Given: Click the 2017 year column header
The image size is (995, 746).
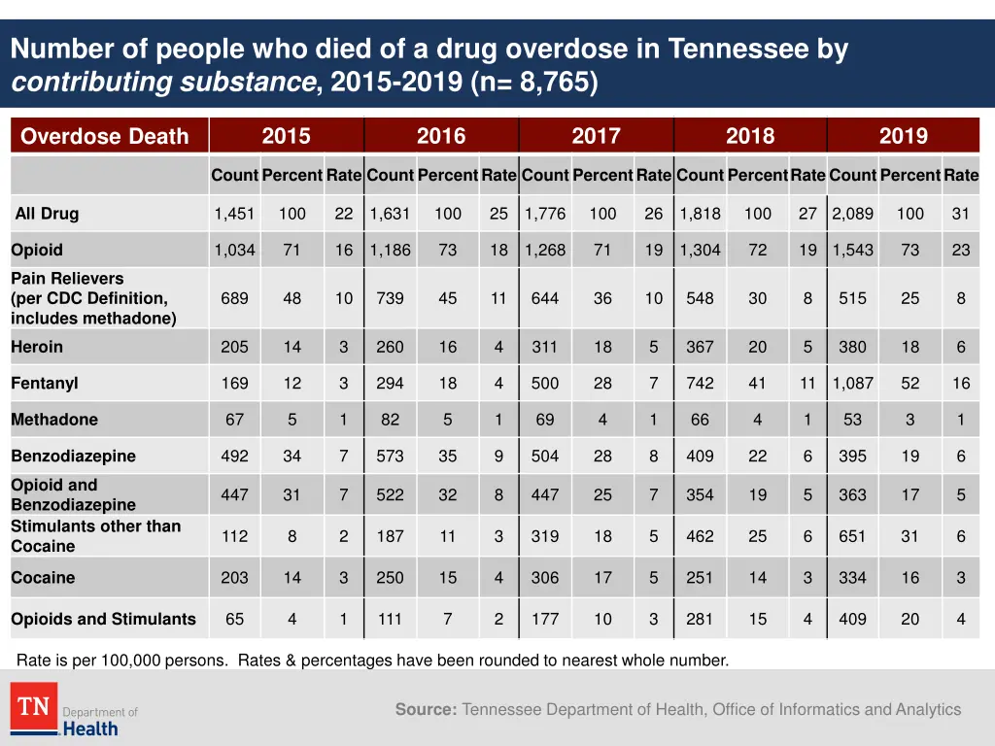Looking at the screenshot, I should [x=596, y=136].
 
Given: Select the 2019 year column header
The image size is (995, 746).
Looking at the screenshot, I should [x=903, y=136].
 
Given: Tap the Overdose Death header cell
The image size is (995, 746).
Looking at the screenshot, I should [x=105, y=136].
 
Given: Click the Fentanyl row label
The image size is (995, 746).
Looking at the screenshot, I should [x=45, y=384].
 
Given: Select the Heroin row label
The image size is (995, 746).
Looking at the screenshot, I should [x=37, y=347].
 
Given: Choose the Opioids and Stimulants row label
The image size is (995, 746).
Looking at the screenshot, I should [x=103, y=619].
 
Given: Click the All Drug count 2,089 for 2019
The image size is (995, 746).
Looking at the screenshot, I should [x=852, y=214].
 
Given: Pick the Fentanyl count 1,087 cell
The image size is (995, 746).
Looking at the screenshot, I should [x=852, y=384].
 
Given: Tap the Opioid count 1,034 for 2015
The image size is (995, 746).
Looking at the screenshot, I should [x=234, y=251].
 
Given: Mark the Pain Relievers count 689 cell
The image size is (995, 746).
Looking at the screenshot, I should [x=234, y=298].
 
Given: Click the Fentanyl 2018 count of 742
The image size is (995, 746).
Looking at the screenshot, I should [x=700, y=384].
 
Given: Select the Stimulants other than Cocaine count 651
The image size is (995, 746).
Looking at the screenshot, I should [x=852, y=536].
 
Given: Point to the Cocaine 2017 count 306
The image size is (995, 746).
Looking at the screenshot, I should [x=545, y=578].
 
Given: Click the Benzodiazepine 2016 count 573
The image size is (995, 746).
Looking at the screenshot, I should [x=390, y=457].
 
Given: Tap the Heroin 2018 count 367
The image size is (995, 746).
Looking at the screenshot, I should [x=700, y=347].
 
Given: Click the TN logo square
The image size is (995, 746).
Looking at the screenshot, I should [x=34, y=706].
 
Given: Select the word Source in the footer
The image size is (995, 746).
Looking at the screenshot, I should [x=426, y=710].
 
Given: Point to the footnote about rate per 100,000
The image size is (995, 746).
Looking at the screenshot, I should [x=372, y=661].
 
